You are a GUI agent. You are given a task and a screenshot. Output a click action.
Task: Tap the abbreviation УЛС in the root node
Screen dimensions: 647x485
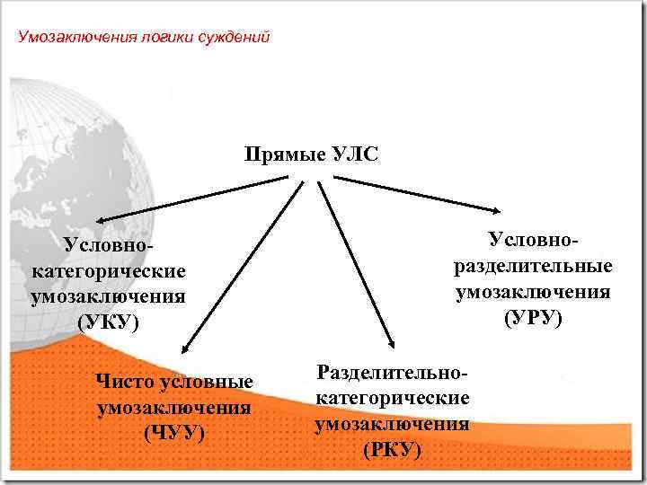point(350,155)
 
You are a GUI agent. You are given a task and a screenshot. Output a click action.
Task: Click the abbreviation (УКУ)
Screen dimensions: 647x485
point(110,322)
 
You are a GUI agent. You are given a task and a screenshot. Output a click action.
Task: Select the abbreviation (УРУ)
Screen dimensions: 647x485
point(533,316)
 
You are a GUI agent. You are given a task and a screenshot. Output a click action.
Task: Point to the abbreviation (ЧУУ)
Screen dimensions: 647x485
point(174,432)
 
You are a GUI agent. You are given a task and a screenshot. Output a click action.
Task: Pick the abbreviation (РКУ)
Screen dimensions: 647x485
point(391,448)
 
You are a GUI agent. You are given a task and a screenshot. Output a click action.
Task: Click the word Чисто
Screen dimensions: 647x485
point(124,383)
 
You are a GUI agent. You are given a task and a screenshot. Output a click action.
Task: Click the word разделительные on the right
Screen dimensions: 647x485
point(534,266)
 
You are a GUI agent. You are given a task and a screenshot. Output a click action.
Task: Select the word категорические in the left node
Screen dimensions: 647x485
point(109,270)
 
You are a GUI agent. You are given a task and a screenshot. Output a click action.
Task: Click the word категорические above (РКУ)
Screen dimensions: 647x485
point(392,398)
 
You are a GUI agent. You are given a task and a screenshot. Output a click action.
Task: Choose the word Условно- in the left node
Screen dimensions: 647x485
point(109,245)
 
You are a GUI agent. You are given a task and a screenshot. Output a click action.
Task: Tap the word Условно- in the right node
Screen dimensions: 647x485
point(534,240)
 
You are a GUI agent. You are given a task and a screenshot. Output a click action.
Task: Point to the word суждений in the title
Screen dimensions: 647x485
point(237,38)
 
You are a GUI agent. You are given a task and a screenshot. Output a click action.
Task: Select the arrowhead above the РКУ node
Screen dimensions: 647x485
point(391,344)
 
